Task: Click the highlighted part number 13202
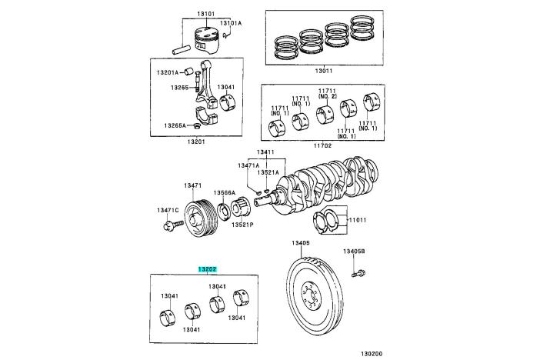(x=207, y=269)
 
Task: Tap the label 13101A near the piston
(x=231, y=23)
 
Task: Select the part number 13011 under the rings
(x=323, y=70)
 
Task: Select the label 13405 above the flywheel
(x=300, y=243)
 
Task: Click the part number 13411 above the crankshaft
(x=265, y=152)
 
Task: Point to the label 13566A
(x=225, y=192)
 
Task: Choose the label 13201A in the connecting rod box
(x=168, y=72)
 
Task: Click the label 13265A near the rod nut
(x=174, y=125)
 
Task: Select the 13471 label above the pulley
(x=192, y=185)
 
